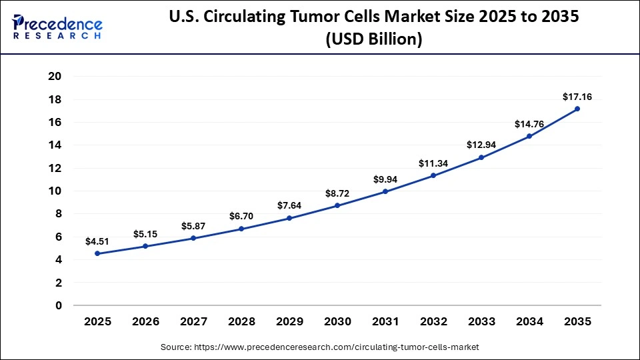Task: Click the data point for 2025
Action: click(x=97, y=253)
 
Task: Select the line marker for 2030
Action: click(x=337, y=205)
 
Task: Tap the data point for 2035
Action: click(x=577, y=109)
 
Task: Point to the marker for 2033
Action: click(x=481, y=157)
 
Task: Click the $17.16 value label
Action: click(x=577, y=96)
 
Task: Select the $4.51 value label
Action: click(x=97, y=241)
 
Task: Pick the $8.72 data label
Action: click(x=337, y=193)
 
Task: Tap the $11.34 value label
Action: click(x=433, y=163)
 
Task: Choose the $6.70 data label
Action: click(x=241, y=216)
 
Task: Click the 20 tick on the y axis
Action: click(x=55, y=77)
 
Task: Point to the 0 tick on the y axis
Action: click(x=59, y=305)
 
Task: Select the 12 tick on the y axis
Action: click(x=55, y=168)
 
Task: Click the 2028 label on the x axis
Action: click(x=241, y=322)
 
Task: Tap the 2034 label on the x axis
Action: click(x=529, y=322)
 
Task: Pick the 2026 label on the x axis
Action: click(x=145, y=322)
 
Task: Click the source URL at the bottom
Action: click(x=320, y=347)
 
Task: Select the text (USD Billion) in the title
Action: click(x=373, y=40)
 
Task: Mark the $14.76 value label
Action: click(x=529, y=124)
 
